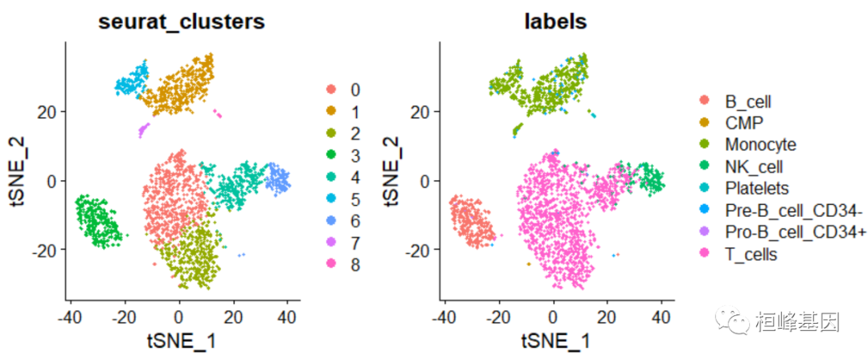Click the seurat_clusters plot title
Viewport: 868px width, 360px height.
click(181, 22)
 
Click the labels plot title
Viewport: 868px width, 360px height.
click(554, 22)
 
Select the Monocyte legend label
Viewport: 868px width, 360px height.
click(759, 145)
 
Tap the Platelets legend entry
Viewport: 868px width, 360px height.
click(756, 188)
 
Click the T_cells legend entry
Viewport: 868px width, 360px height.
click(751, 254)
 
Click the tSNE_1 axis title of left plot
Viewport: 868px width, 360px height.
click(181, 341)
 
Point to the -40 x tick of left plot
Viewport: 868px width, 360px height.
click(70, 317)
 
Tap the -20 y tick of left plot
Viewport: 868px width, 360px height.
click(43, 250)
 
